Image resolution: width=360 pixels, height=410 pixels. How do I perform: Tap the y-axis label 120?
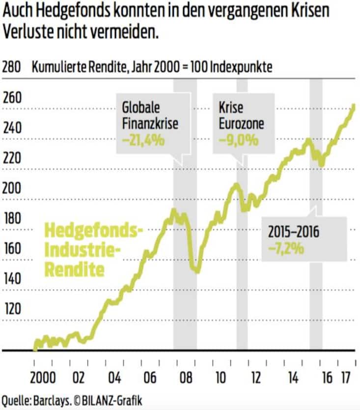(x=11, y=308)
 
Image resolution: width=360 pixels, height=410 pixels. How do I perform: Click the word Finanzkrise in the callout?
(x=150, y=123)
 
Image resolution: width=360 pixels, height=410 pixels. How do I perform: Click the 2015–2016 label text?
(x=294, y=231)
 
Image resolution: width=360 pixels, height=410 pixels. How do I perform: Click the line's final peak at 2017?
(x=354, y=105)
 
